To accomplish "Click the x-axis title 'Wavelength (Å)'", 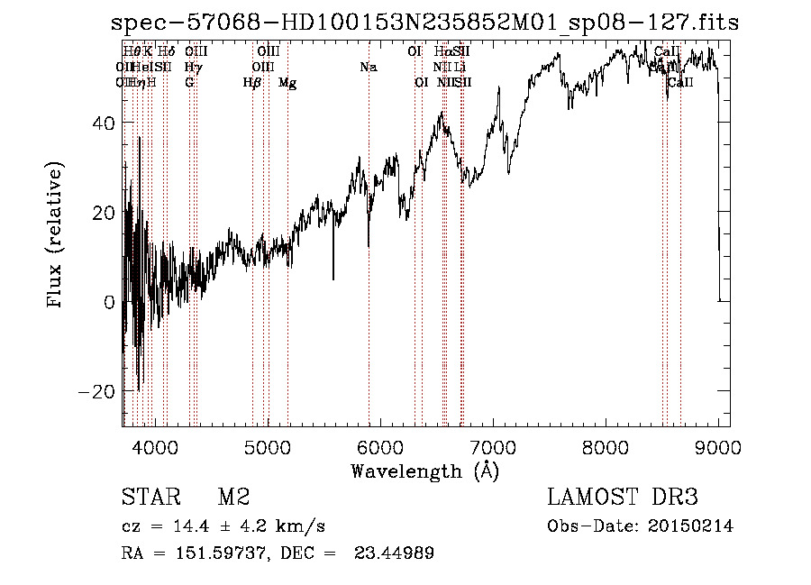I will click(424, 471).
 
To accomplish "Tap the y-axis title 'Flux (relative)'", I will click(56, 236).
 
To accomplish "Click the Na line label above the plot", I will click(368, 67).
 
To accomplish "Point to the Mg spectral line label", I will click(287, 83).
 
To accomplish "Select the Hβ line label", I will click(252, 83).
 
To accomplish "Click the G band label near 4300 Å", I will click(189, 83).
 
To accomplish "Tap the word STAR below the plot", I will click(150, 497).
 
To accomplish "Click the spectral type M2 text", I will click(233, 497).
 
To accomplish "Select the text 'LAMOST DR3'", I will click(622, 497).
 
